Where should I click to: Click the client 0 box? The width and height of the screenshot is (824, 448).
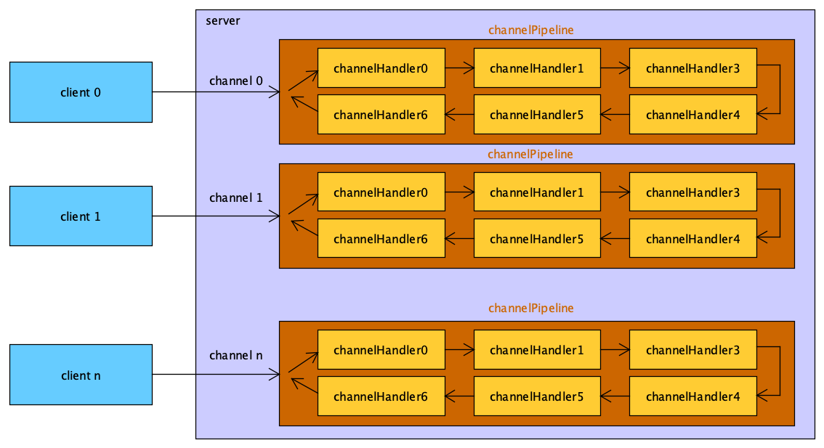(x=81, y=92)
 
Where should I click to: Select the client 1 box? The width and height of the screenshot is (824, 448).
(x=81, y=216)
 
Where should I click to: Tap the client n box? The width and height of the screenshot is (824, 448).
(x=81, y=375)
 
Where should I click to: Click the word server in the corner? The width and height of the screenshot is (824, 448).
(x=222, y=20)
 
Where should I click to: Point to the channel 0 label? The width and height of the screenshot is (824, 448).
(x=236, y=80)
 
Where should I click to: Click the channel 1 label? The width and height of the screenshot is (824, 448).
(x=236, y=197)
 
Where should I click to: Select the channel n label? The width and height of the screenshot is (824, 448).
(x=236, y=355)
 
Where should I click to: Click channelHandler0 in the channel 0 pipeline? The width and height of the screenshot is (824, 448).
(x=381, y=69)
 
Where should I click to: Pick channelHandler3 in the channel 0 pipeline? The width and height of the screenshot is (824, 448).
(x=692, y=69)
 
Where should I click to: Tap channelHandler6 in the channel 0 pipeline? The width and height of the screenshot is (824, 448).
(x=381, y=115)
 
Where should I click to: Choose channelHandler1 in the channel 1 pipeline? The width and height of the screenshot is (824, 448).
(x=537, y=192)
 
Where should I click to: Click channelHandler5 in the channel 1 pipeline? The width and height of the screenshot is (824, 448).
(x=537, y=239)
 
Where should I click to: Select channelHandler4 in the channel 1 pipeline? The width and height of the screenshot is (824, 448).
(x=692, y=239)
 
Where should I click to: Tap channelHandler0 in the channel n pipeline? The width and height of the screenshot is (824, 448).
(x=381, y=350)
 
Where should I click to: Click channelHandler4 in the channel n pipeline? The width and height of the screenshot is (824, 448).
(x=692, y=396)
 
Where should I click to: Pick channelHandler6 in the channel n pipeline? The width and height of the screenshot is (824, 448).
(x=381, y=396)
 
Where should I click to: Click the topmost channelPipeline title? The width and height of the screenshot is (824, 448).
(x=530, y=30)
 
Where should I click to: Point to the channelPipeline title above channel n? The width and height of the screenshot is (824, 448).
(x=530, y=308)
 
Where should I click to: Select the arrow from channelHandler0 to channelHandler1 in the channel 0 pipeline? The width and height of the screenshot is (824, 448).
(x=459, y=69)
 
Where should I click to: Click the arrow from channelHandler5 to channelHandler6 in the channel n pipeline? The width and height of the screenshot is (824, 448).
(x=459, y=396)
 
